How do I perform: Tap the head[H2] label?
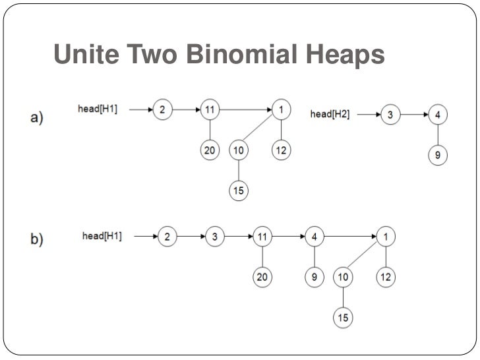click(x=330, y=115)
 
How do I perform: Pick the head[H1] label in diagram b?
click(x=102, y=235)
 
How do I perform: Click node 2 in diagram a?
click(x=162, y=110)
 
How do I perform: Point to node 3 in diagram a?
click(x=390, y=115)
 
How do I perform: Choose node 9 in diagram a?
click(x=438, y=156)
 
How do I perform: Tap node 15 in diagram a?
click(x=238, y=191)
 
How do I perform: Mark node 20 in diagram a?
click(x=210, y=150)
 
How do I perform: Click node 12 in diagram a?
click(x=281, y=150)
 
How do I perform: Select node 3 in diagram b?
click(x=214, y=236)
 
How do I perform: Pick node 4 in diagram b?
click(x=315, y=236)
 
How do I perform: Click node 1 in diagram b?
click(x=385, y=236)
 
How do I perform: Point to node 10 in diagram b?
click(x=343, y=278)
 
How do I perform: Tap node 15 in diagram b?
click(x=343, y=318)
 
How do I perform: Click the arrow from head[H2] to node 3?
click(x=365, y=115)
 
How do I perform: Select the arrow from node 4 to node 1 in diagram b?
click(x=349, y=236)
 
